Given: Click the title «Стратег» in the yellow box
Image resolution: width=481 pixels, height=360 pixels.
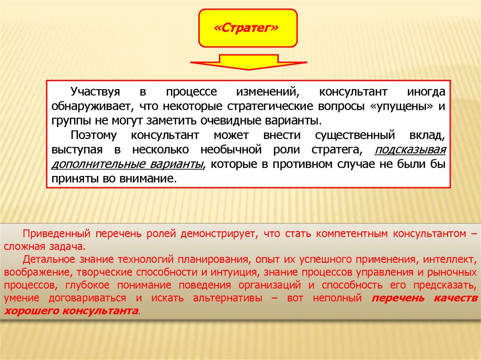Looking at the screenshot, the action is pyautogui.click(x=246, y=28).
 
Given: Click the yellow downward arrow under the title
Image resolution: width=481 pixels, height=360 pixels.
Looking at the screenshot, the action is pyautogui.click(x=248, y=62).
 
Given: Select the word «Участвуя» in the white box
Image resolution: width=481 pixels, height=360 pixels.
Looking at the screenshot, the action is pyautogui.click(x=95, y=92).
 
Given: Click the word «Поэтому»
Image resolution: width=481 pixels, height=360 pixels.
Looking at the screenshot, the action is pyautogui.click(x=93, y=135).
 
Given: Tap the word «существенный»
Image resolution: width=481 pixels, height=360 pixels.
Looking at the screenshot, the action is pyautogui.click(x=355, y=135).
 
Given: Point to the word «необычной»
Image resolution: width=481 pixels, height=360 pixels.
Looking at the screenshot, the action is pyautogui.click(x=231, y=150).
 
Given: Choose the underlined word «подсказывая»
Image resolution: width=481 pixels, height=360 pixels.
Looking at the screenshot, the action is pyautogui.click(x=410, y=150).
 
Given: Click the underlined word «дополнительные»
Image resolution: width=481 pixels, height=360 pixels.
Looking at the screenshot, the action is pyautogui.click(x=98, y=164).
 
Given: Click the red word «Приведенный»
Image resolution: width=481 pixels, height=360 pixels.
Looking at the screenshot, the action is pyautogui.click(x=57, y=234).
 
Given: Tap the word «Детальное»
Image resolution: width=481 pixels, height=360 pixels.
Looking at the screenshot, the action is pyautogui.click(x=49, y=260).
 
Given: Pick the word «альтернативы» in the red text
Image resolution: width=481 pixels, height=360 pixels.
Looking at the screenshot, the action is pyautogui.click(x=228, y=298).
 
